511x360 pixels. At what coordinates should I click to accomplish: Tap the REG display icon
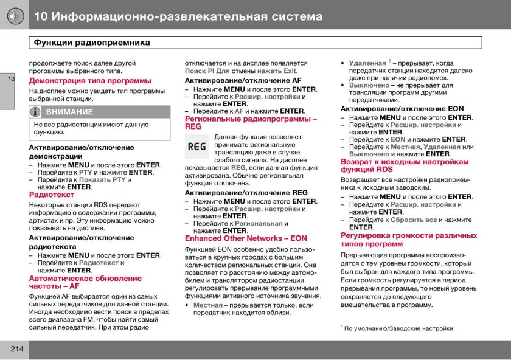[x=196, y=147]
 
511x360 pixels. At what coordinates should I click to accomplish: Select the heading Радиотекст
[x=52, y=195]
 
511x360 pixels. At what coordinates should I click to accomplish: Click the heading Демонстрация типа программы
[x=90, y=80]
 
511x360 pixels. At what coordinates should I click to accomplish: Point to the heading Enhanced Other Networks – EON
[x=246, y=238]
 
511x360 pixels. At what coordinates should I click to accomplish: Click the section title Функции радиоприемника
[x=92, y=43]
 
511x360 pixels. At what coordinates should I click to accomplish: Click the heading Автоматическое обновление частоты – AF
[x=85, y=282]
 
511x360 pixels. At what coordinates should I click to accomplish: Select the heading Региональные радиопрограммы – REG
[x=250, y=123]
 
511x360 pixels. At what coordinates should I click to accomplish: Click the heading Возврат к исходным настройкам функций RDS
[x=404, y=166]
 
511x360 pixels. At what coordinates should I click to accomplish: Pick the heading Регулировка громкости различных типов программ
[x=408, y=240]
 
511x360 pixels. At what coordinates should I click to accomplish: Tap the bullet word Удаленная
[x=367, y=63]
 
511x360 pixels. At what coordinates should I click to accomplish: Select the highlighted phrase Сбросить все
[x=413, y=220]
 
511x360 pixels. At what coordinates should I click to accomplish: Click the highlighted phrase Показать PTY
[x=102, y=179]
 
